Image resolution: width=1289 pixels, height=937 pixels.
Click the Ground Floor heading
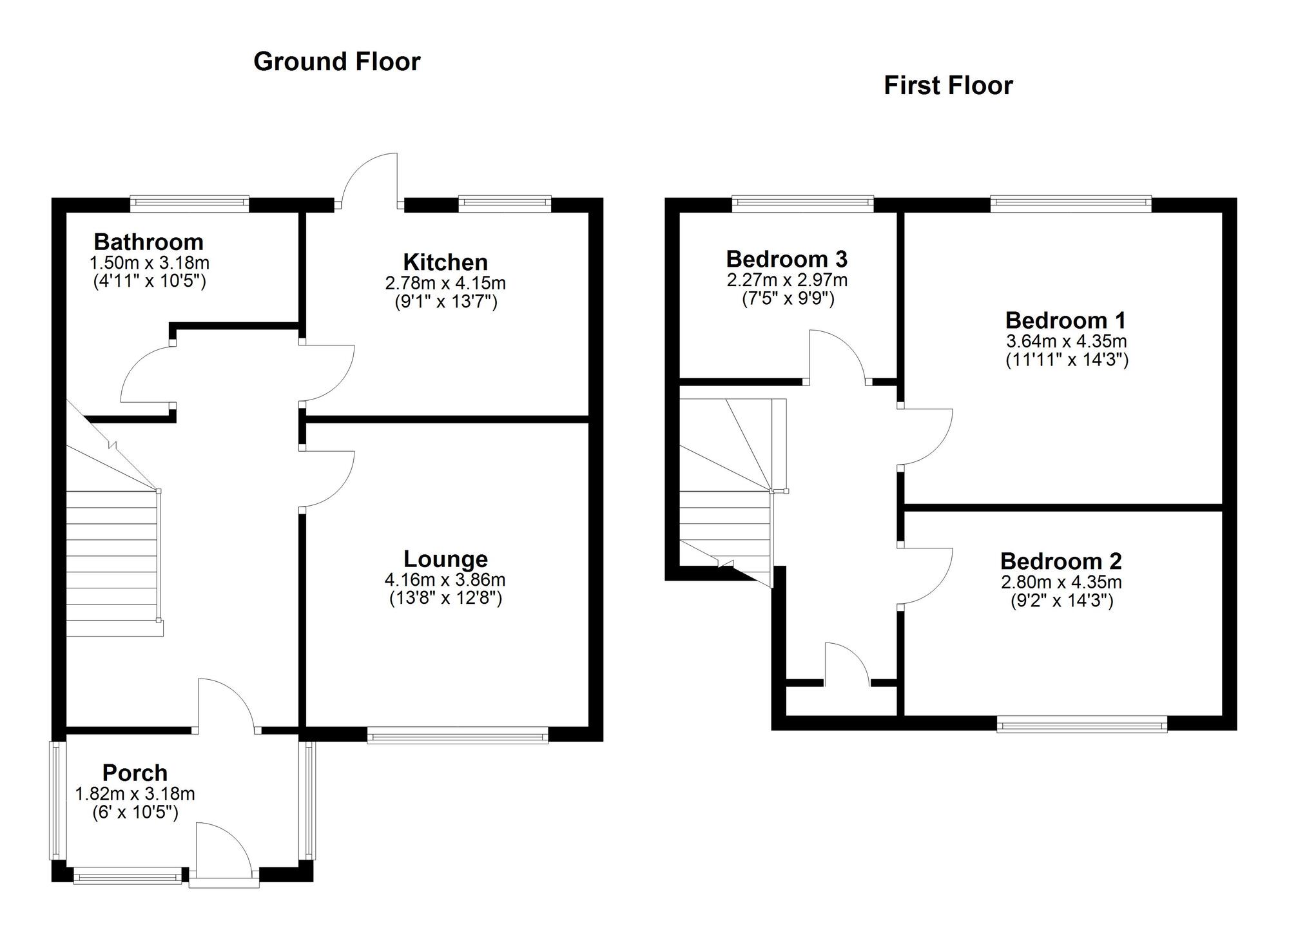point(337,62)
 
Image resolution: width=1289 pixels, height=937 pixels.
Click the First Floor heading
point(948,86)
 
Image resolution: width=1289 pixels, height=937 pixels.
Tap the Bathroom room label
point(149,242)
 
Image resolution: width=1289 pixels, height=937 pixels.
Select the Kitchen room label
point(445,262)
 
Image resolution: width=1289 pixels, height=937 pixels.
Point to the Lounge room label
point(445,559)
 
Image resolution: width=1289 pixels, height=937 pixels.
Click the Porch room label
point(135,773)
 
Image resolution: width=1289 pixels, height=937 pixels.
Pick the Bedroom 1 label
point(1066,320)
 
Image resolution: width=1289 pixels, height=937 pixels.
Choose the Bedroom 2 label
point(1061,561)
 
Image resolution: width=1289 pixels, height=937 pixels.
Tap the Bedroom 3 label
point(787,259)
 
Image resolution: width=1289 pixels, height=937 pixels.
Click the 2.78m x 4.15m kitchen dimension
point(445,283)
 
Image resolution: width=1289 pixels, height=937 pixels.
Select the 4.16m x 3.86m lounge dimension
point(445,580)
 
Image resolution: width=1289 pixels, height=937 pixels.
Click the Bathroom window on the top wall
point(189,204)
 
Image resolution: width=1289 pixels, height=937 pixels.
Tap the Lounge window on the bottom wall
point(458,735)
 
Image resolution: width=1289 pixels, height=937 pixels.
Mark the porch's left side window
point(58,800)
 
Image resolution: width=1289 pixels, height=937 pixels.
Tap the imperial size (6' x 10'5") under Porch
point(135,812)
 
